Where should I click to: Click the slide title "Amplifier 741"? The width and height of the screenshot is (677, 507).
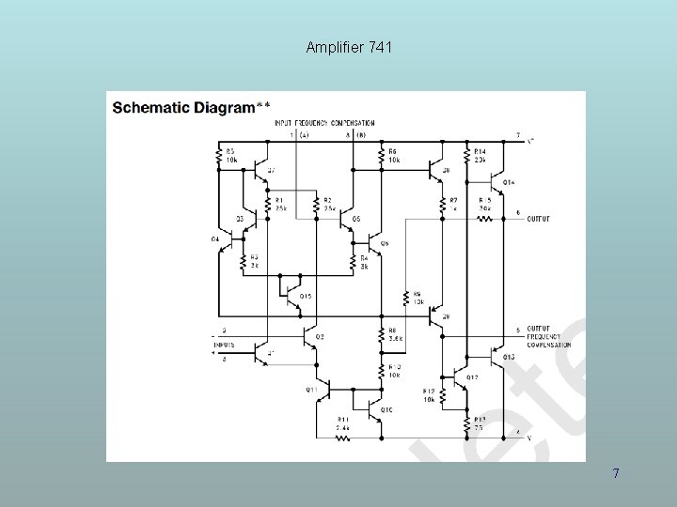pos(349,46)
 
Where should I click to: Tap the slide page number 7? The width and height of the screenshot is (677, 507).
pos(616,473)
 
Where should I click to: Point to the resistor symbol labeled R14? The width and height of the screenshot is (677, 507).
pos(467,157)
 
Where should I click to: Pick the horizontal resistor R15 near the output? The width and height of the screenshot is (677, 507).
pos(484,219)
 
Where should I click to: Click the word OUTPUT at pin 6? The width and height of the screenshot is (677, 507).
pos(539,219)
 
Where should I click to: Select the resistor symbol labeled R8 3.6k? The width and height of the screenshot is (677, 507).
pos(381,334)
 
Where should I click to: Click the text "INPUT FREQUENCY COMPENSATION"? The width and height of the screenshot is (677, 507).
pos(324,123)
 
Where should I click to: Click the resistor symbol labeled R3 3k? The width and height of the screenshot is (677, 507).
pos(244,261)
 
